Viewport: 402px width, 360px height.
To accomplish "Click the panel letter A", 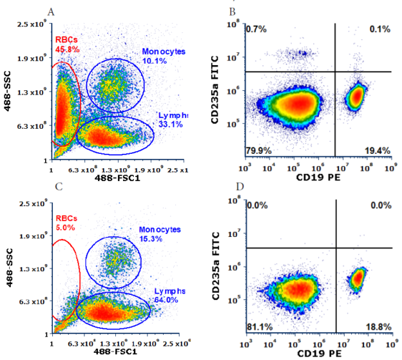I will (52, 11).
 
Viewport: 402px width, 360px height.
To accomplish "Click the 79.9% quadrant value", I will (257, 150).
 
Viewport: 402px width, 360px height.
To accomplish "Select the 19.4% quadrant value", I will (376, 150).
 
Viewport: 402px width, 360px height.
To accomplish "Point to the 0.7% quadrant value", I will (255, 30).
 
